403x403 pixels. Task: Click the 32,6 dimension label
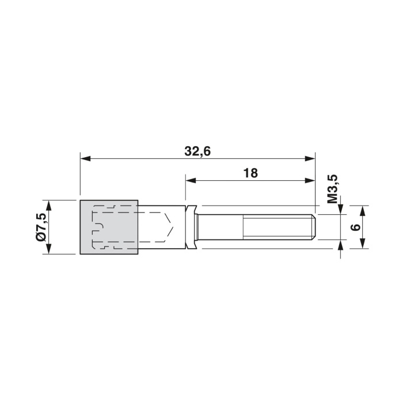click(197, 151)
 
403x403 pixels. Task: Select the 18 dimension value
click(250, 173)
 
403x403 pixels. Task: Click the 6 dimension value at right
click(356, 227)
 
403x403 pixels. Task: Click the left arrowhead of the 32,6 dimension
click(85, 158)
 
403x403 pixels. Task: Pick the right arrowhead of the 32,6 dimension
click(310, 158)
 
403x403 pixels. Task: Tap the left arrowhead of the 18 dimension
click(191, 181)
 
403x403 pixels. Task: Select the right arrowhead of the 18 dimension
click(310, 181)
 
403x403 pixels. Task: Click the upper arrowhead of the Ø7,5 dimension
click(48, 206)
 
